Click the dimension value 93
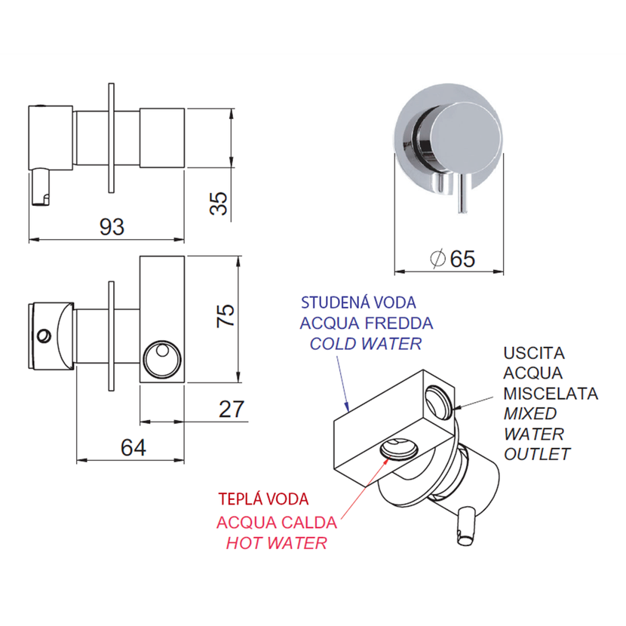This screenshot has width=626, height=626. click(112, 227)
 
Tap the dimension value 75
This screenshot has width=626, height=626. click(226, 315)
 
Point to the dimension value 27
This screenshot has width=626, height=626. click(232, 409)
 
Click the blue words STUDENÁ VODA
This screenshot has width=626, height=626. click(359, 303)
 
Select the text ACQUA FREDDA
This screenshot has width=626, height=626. click(367, 324)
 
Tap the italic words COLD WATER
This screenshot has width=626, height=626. click(367, 344)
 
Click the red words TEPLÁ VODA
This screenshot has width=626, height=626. click(264, 499)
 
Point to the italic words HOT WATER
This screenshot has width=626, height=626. click(277, 543)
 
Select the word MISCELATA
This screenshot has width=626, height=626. click(551, 393)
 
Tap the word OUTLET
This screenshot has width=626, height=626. click(537, 454)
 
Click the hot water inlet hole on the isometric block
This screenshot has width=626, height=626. click(398, 448)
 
